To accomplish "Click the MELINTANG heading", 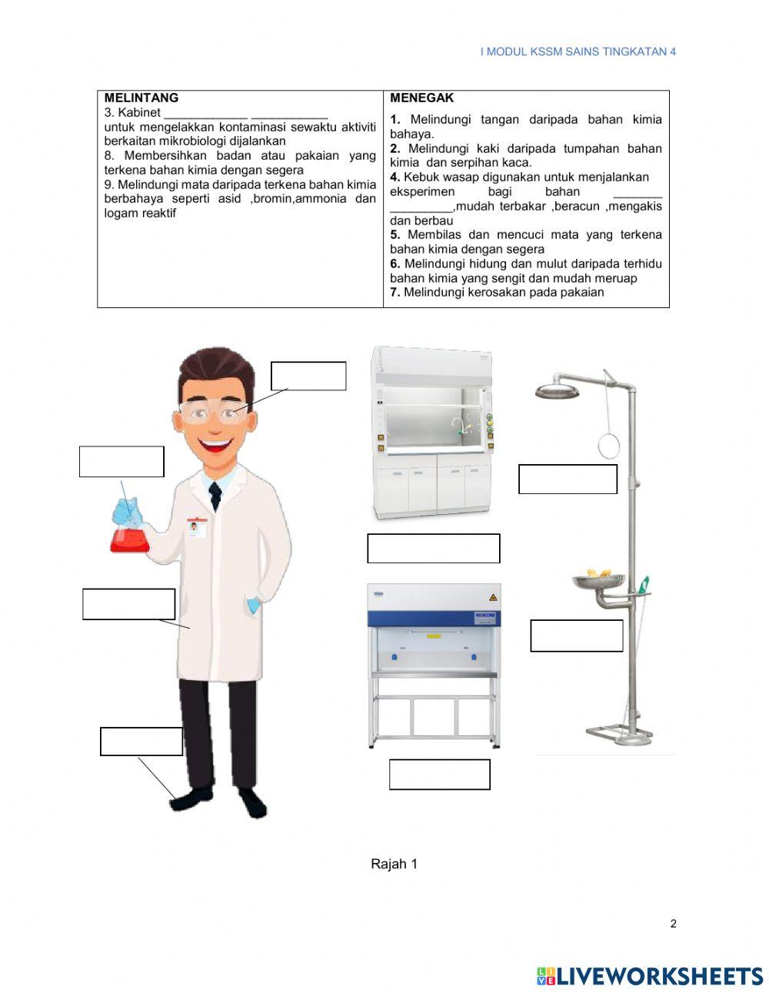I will (141, 98).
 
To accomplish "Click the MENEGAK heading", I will (421, 98).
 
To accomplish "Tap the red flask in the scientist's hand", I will (129, 538).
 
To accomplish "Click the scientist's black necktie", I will (215, 496).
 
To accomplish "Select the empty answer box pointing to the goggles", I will (308, 376).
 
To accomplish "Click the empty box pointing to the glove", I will (122, 462).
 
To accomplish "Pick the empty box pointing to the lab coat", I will (128, 604).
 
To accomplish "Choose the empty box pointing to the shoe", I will (141, 742).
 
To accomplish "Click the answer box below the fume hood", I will (433, 549).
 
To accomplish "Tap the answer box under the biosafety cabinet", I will (439, 775).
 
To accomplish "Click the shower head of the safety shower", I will (557, 391).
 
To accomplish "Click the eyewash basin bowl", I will (598, 581).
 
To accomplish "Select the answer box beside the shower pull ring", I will (568, 479).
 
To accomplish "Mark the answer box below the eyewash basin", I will (576, 635).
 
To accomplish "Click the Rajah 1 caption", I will (394, 864).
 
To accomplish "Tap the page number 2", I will (673, 924).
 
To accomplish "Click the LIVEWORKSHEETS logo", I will (649, 976).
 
